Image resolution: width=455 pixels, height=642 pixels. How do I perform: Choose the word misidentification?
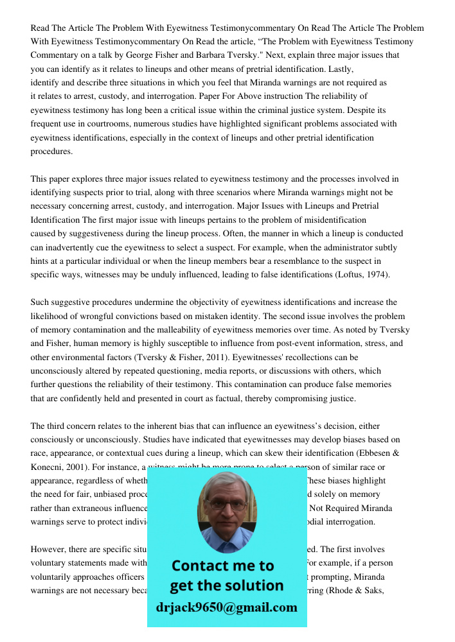pos(327,220)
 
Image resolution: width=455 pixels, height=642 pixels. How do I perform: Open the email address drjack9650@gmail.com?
pos(227,607)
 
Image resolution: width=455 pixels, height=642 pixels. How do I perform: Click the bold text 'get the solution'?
pos(227,586)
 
